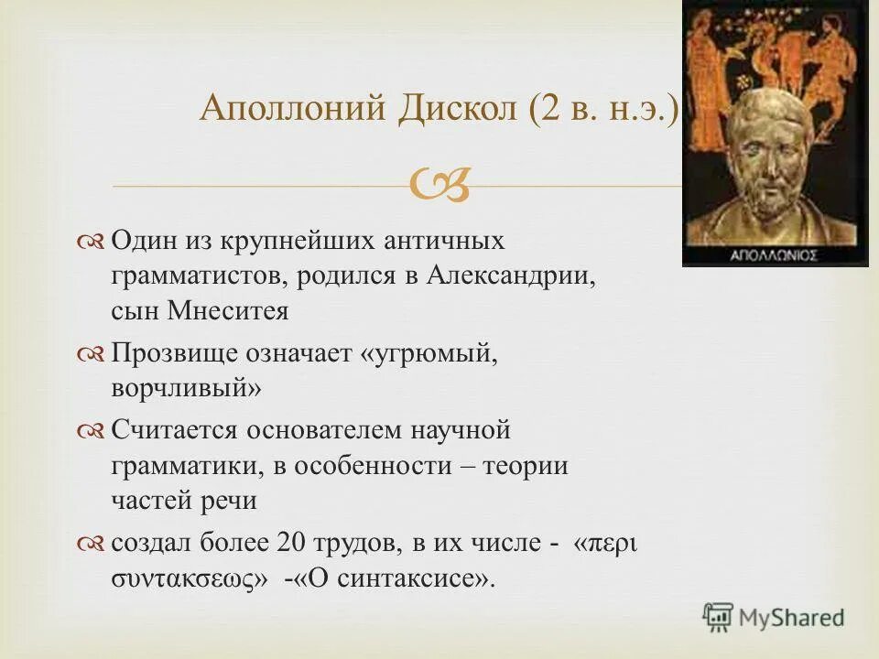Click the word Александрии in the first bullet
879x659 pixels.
(x=509, y=275)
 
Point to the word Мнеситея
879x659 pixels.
(x=228, y=311)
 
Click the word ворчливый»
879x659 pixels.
(x=186, y=389)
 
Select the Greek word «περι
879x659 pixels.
(x=604, y=543)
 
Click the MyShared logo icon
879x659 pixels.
(x=718, y=617)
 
